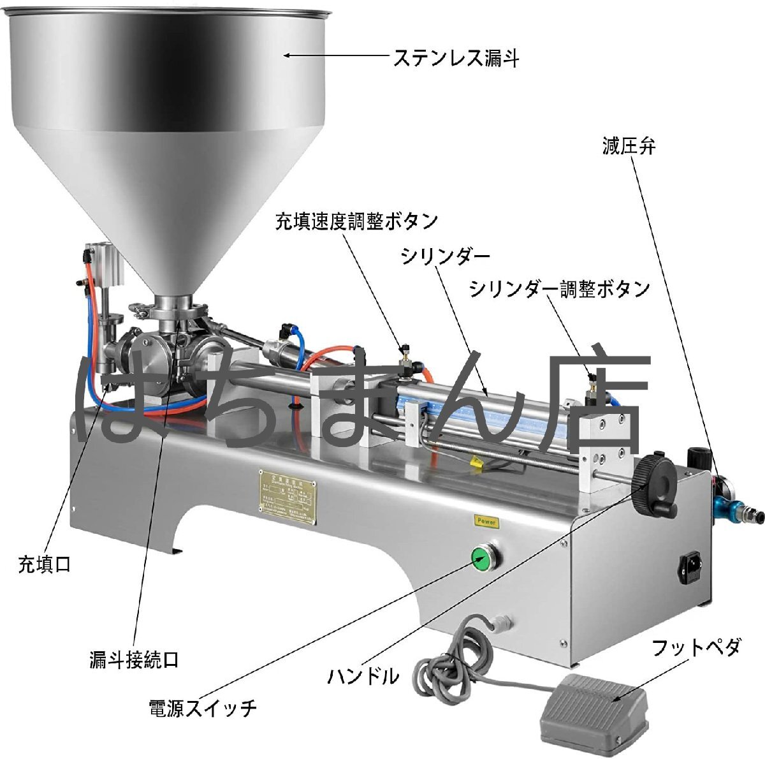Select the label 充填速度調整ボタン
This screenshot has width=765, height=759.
(356, 221)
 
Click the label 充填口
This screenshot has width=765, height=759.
(44, 564)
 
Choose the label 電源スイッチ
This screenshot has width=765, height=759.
(203, 708)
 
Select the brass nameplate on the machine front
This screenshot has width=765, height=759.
(288, 497)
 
